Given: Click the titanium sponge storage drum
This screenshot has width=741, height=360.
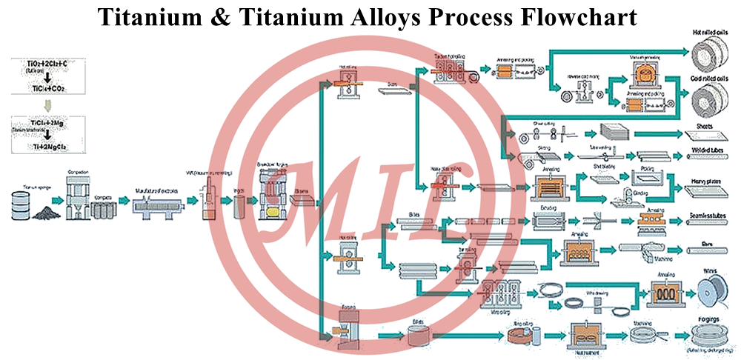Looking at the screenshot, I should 19,204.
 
